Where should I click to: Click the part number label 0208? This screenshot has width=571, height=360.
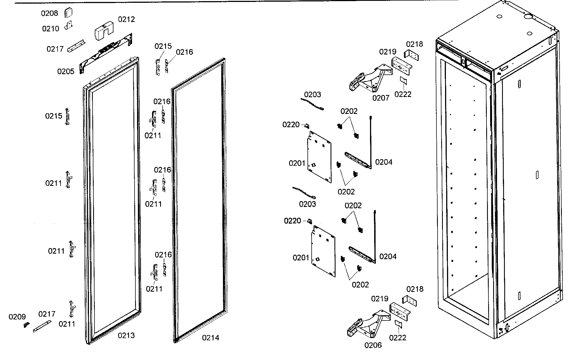point(49,13)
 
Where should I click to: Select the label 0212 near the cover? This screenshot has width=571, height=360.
point(126,19)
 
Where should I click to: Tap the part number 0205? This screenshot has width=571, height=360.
point(66,72)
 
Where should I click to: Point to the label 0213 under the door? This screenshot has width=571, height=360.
point(126,336)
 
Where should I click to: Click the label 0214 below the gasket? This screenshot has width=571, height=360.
point(210,338)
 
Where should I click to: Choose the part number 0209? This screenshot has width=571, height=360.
point(17,317)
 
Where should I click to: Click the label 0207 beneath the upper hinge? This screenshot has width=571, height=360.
point(381,98)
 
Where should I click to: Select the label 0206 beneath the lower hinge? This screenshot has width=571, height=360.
point(373,345)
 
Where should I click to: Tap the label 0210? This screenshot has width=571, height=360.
point(51,29)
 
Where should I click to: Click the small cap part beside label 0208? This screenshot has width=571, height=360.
point(68,13)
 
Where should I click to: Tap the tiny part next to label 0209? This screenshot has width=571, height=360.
point(26,325)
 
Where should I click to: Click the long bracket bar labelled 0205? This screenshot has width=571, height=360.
point(106,53)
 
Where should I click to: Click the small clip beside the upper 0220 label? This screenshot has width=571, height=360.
point(307,126)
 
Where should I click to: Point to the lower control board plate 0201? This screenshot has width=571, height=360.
point(323,251)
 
